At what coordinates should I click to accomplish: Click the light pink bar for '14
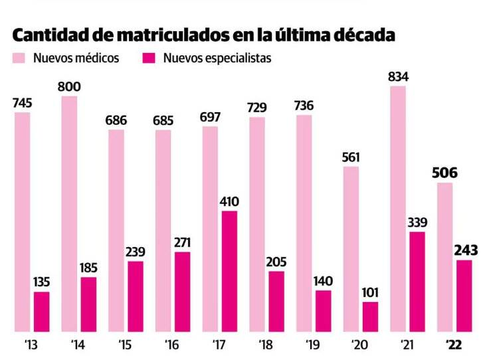(69, 213)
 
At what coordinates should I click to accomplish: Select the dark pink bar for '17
(229, 270)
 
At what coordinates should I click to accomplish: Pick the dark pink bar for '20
(370, 316)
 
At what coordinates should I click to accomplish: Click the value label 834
(398, 76)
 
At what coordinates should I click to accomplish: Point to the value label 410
(229, 201)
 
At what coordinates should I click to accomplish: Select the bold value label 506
(444, 173)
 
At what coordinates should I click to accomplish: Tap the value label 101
(370, 292)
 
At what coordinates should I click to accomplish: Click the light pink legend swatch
(18, 58)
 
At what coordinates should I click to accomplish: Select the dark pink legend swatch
(149, 58)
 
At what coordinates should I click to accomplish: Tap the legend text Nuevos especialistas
(217, 58)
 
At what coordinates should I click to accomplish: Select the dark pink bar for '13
(41, 311)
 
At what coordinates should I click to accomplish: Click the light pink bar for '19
(304, 223)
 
